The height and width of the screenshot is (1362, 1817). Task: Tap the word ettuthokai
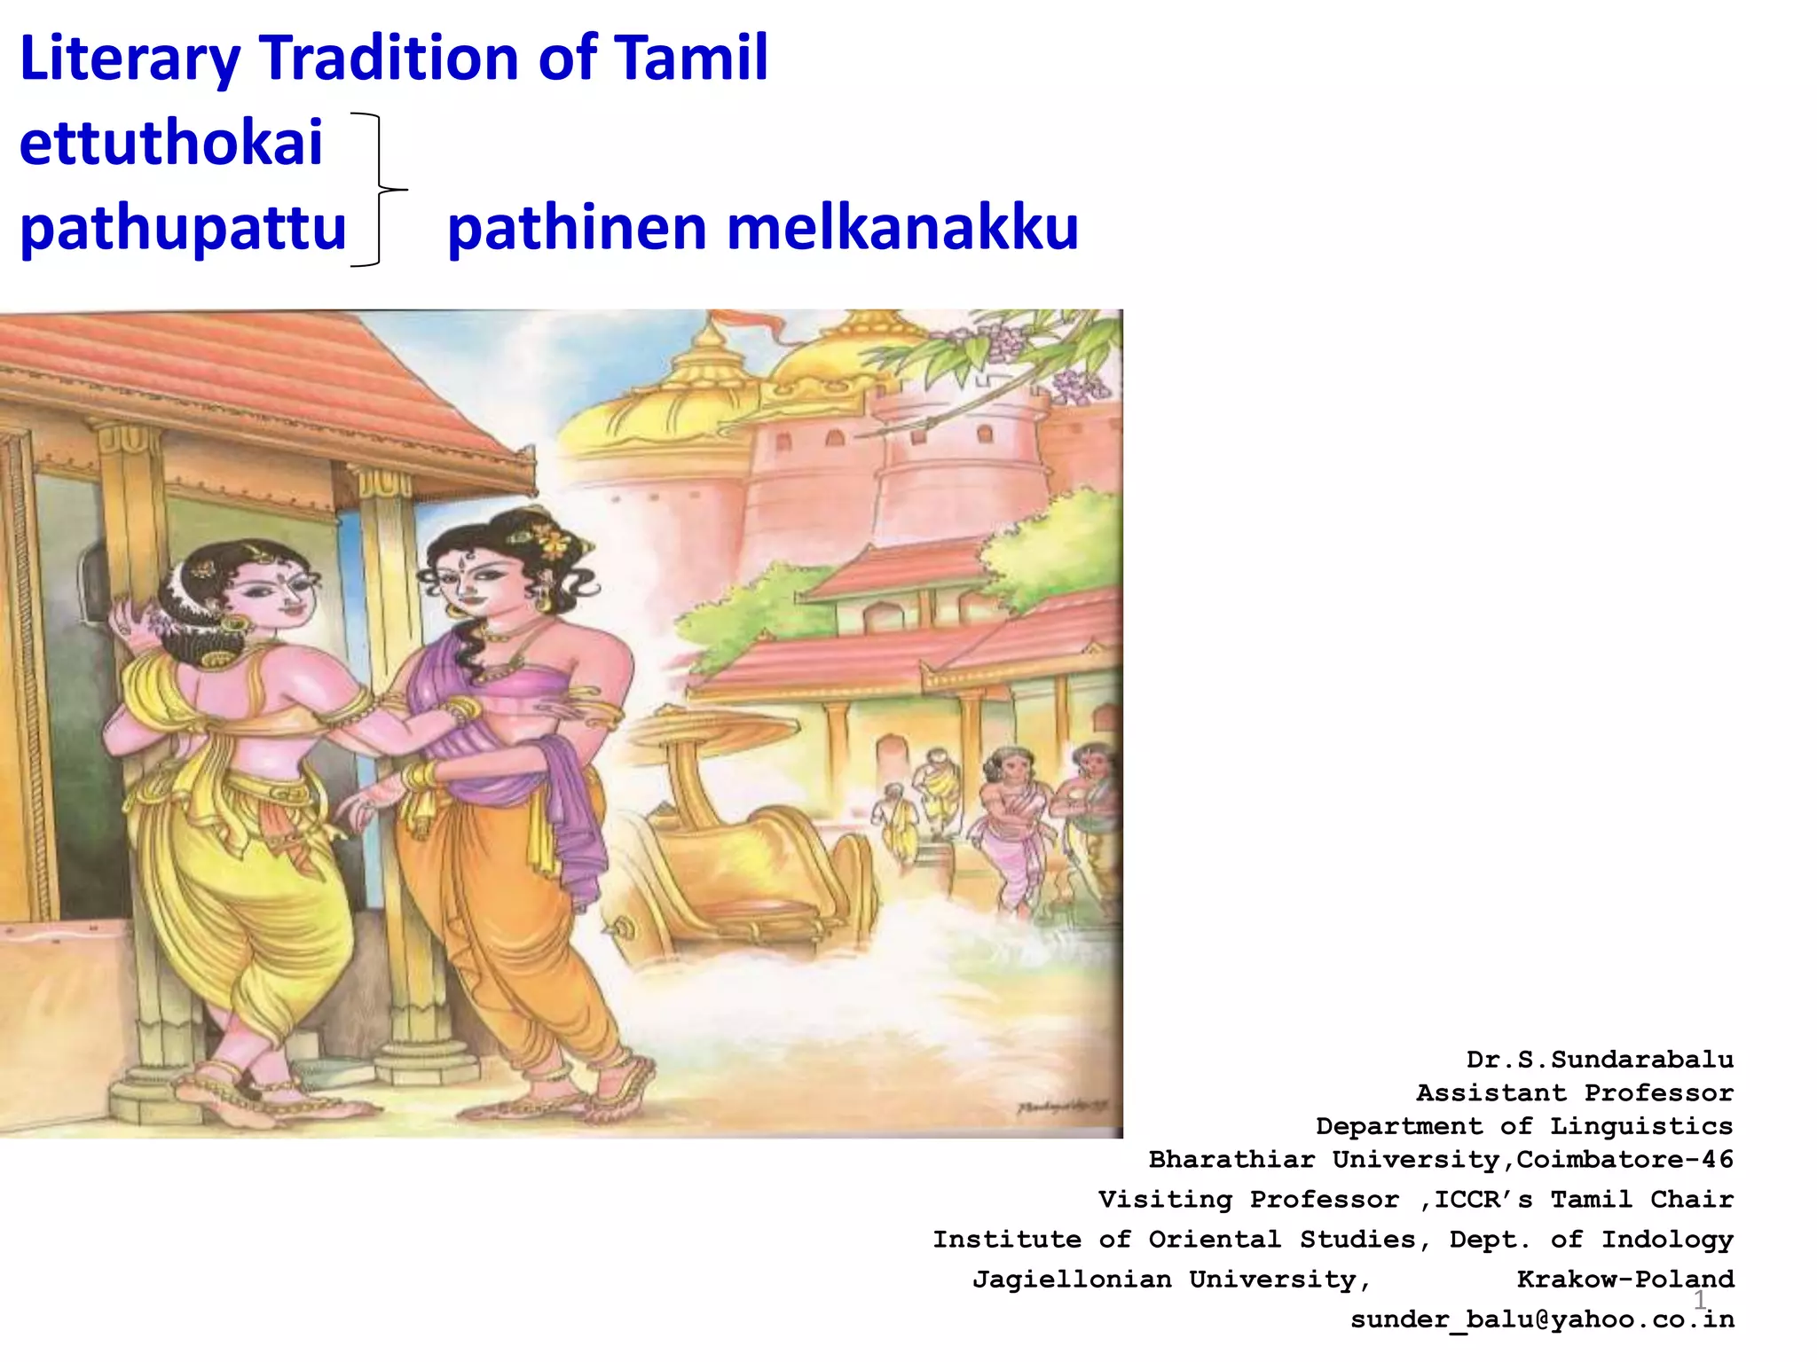coord(171,143)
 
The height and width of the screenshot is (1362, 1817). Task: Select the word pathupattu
coord(183,228)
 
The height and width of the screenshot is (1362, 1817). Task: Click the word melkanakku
coord(902,228)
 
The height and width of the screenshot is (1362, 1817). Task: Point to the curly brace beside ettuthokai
coord(380,190)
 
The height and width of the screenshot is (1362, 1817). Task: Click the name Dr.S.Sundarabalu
coord(1600,1060)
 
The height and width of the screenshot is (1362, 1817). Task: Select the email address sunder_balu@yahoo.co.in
coord(1542,1319)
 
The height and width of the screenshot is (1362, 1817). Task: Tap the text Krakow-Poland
coord(1625,1279)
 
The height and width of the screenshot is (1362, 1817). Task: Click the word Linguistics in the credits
coord(1641,1126)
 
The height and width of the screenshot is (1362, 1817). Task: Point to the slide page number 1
coord(1700,1300)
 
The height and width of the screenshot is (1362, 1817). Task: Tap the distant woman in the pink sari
coord(1011,825)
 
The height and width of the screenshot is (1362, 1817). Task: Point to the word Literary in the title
coord(130,59)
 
